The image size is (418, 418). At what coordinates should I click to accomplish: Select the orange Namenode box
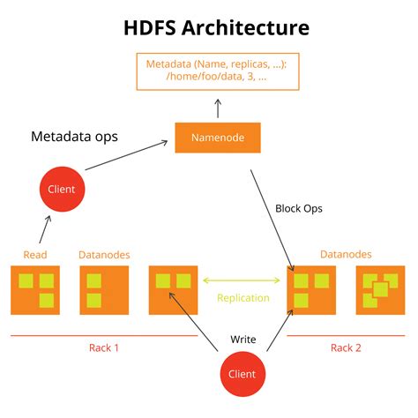[216, 138]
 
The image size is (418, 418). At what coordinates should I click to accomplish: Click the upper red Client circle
[62, 189]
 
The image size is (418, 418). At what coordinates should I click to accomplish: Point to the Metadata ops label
[75, 138]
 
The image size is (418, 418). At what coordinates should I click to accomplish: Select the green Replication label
[243, 298]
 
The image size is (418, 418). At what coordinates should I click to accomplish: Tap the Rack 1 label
[104, 347]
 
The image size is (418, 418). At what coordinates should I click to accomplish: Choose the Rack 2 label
[346, 347]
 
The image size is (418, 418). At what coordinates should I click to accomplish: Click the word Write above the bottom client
[243, 340]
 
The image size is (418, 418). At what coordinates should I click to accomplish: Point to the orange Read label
[35, 255]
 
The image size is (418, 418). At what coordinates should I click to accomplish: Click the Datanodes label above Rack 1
[104, 255]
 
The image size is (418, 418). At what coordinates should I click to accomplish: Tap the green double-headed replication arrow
[243, 281]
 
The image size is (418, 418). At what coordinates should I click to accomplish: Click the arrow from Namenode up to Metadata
[217, 108]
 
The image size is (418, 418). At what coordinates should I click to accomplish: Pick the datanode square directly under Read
[35, 290]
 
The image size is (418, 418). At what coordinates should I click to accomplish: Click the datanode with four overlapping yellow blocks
[379, 290]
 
